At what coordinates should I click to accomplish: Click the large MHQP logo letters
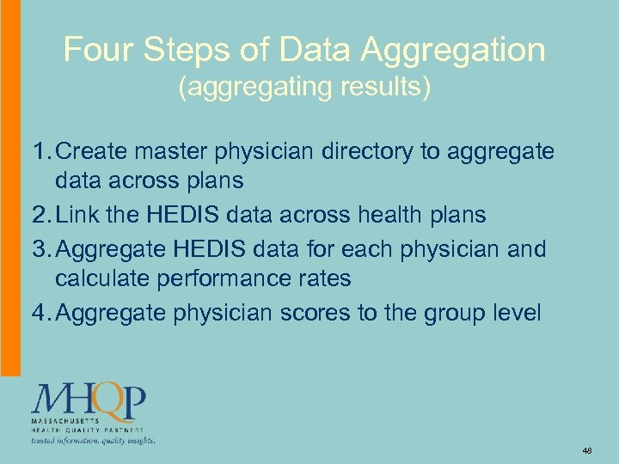coord(89,400)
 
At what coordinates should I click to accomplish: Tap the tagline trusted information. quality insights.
coord(93,441)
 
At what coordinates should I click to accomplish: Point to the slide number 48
coord(588,450)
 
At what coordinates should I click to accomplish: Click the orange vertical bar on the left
coord(9,189)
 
